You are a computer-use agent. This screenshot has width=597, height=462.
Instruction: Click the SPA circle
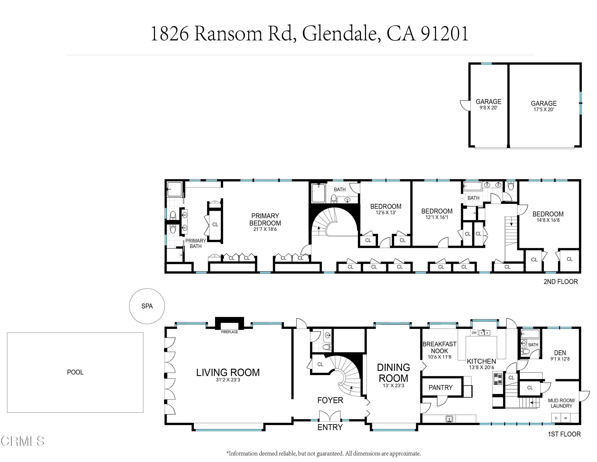click(x=147, y=306)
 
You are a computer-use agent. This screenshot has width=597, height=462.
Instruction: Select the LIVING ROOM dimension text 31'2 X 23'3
click(x=228, y=380)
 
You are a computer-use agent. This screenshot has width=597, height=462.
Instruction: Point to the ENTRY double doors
click(x=330, y=416)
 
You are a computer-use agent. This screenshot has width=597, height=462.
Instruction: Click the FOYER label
click(x=330, y=400)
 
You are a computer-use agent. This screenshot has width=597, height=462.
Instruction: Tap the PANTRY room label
click(x=440, y=387)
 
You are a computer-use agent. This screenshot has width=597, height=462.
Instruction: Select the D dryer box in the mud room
click(x=556, y=418)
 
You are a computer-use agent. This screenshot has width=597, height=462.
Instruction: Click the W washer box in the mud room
click(x=565, y=418)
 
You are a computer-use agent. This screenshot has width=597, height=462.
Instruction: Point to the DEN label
click(x=560, y=353)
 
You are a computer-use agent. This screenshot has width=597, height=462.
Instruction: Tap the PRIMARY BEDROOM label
click(x=265, y=219)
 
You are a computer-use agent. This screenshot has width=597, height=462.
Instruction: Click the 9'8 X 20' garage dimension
click(x=488, y=108)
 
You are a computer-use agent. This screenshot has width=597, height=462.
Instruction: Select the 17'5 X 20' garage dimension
click(x=543, y=109)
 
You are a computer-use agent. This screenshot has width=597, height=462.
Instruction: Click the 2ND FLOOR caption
click(x=560, y=282)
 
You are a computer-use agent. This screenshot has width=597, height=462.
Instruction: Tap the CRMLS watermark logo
click(x=22, y=441)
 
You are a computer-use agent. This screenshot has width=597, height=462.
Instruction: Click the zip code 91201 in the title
click(x=445, y=34)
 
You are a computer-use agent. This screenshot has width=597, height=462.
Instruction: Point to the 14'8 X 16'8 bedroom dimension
click(x=548, y=220)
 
